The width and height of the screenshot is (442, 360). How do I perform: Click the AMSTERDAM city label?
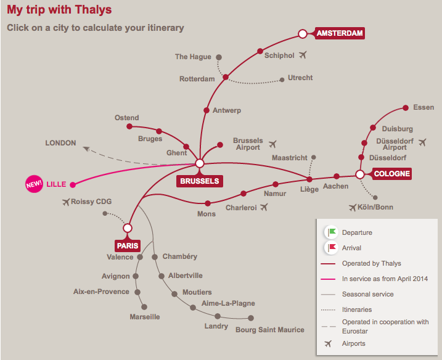tap(340, 33)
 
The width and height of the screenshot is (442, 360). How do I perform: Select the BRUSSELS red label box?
tap(199, 181)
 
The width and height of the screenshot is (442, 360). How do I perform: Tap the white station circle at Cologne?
tap(360, 174)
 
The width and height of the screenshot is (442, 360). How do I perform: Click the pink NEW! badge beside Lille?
tap(33, 184)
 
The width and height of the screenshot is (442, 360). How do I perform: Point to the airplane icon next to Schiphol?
tap(303, 55)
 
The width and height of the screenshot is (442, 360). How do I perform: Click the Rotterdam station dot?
tap(226, 77)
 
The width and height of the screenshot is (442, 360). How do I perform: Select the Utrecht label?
tap(300, 78)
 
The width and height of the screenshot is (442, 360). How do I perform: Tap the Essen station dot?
tap(405, 108)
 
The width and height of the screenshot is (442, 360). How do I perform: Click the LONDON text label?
tap(60, 143)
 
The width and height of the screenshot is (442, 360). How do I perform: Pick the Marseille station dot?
tap(144, 306)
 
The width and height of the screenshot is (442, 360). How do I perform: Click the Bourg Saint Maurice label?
tap(270, 330)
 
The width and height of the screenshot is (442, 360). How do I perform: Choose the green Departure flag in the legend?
tap(332, 232)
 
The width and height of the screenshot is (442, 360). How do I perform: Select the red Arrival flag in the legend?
tap(332, 248)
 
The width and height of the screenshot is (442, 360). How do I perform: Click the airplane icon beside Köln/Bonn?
tap(353, 207)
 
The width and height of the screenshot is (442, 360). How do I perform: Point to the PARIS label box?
tap(128, 245)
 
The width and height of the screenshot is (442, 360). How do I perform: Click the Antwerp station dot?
tap(207, 110)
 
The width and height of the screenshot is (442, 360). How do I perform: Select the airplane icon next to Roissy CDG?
tap(66, 202)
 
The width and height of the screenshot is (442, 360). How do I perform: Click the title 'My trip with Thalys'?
tap(60, 10)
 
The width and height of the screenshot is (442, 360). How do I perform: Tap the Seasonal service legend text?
tap(367, 294)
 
